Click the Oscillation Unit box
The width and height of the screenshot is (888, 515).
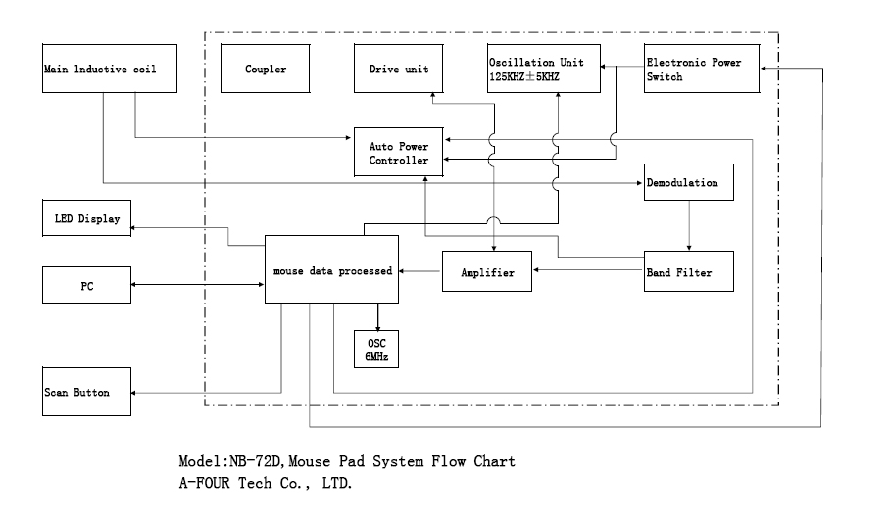(543, 69)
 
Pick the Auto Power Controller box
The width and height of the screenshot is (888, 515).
(399, 152)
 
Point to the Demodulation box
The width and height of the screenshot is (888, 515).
(689, 183)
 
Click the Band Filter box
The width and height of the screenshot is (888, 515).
(690, 272)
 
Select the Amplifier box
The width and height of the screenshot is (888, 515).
(487, 272)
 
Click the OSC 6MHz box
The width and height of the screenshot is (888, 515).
(377, 348)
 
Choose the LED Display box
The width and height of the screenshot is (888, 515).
(87, 219)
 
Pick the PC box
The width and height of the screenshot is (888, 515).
(87, 285)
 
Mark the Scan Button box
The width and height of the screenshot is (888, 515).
(87, 392)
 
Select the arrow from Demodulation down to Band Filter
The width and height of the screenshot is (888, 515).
(690, 225)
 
